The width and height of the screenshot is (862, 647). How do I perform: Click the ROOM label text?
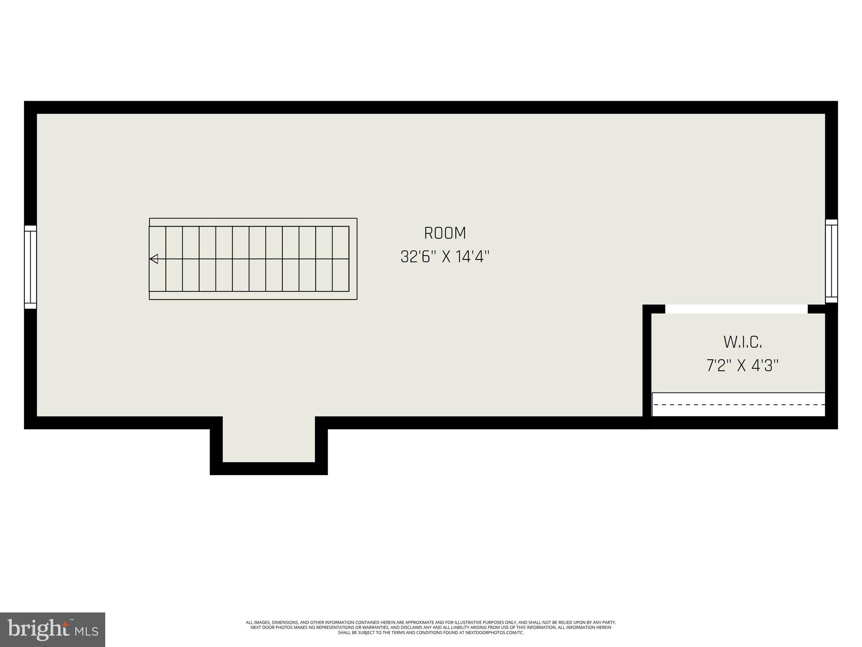coord(445,233)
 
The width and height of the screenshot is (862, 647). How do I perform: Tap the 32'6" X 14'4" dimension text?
coord(445,257)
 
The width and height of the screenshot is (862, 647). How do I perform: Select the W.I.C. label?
coord(742,342)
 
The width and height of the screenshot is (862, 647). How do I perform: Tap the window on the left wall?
coord(30,267)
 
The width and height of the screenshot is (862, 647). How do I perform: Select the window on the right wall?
coord(831,261)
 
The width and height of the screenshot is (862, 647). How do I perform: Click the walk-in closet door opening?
coord(736,309)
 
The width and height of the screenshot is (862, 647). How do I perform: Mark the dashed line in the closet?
coord(738,404)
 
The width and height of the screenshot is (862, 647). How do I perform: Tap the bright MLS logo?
coord(53,629)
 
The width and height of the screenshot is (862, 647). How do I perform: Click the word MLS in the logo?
coord(87,631)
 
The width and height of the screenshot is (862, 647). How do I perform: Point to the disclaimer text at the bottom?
coord(431,627)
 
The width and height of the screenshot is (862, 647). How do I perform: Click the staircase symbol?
coord(253,259)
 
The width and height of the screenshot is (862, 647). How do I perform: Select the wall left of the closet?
coord(647,362)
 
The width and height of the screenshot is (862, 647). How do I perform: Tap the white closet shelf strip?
coord(738,404)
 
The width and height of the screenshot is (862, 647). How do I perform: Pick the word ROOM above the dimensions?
coord(445,233)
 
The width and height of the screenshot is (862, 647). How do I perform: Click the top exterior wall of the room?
coord(431,107)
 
